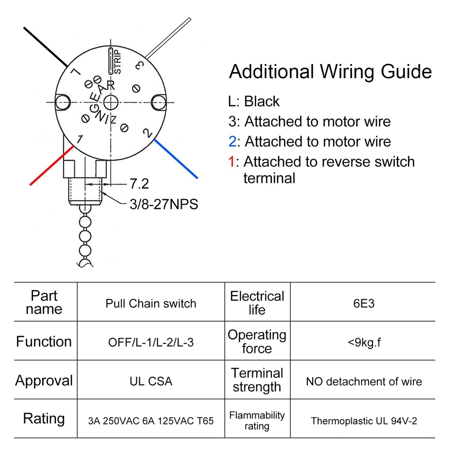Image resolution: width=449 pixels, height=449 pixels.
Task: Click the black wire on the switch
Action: (46, 47)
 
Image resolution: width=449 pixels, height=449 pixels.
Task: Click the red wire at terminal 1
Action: (52, 166)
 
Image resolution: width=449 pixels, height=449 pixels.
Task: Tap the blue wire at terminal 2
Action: (176, 159)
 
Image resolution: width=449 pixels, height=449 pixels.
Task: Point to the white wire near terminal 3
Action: (168, 38)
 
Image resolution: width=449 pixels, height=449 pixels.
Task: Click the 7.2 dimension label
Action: (139, 183)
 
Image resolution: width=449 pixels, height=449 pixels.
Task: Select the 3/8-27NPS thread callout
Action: (164, 204)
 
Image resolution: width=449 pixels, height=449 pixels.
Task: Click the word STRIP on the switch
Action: (118, 61)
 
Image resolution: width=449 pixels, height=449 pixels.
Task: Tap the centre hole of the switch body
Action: (110, 103)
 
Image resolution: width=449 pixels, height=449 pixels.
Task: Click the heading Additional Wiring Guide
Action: (331, 71)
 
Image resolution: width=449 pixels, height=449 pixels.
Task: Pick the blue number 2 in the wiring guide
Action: (232, 141)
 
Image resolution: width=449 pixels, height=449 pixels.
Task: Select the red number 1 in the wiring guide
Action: (231, 161)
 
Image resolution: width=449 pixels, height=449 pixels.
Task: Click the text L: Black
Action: (254, 101)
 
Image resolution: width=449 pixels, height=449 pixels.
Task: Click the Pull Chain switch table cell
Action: (151, 303)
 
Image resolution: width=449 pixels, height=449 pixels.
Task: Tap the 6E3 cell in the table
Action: (364, 303)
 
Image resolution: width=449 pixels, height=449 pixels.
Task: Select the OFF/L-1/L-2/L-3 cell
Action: (151, 342)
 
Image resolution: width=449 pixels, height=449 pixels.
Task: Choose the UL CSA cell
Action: (151, 381)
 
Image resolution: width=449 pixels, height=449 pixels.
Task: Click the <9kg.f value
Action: (364, 342)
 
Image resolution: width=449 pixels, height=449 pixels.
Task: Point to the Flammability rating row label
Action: (257, 420)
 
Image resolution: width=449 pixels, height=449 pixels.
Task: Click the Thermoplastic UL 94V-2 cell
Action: (364, 421)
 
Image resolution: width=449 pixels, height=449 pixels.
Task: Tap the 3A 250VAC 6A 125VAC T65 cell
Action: (151, 421)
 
